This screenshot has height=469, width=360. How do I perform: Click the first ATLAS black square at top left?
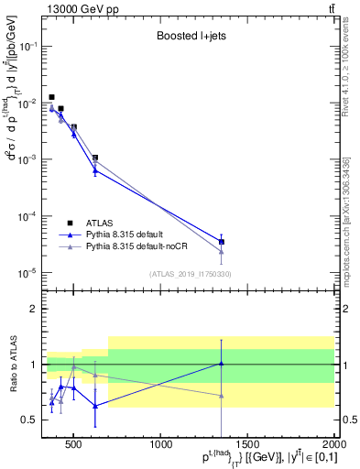point(51,97)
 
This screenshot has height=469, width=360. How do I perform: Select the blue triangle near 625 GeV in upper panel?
point(95,170)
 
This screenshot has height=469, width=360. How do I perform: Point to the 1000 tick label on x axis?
point(161,446)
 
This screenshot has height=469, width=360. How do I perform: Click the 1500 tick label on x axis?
point(247,446)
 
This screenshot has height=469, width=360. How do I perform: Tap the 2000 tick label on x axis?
point(333,446)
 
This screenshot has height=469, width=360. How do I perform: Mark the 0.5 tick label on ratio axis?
point(29,420)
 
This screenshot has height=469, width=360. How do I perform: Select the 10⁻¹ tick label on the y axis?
point(27,46)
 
